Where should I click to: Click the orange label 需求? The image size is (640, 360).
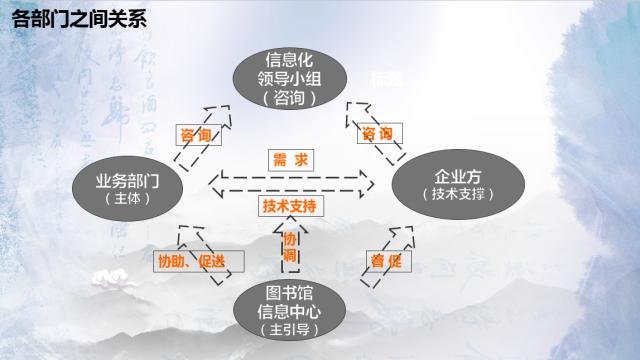(x=292, y=160)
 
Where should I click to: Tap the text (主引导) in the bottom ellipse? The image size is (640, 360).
(x=292, y=328)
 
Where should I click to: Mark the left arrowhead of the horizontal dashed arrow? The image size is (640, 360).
(x=219, y=183)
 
